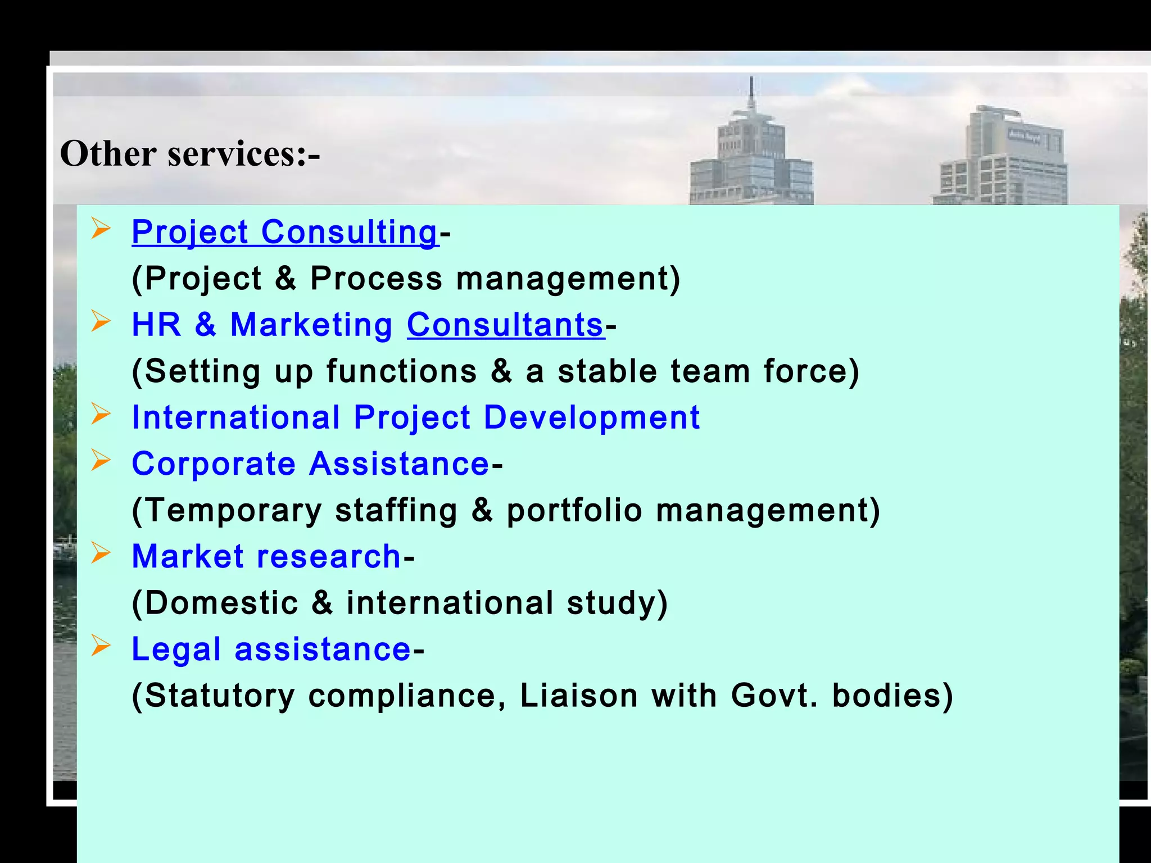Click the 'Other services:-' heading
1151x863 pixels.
[x=190, y=153]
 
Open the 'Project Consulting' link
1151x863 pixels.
[x=284, y=232]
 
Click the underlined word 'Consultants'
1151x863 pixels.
[x=505, y=325]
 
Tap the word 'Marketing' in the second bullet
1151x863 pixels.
[x=311, y=325]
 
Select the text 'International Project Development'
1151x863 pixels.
[x=416, y=417]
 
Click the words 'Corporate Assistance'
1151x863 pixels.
[x=310, y=464]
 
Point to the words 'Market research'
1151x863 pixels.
[x=266, y=556]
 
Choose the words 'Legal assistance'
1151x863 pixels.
[x=271, y=649]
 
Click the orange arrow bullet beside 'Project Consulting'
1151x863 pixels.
[x=101, y=229]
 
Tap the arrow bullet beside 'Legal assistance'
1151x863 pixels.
[x=101, y=646]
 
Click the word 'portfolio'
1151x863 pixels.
[x=574, y=510]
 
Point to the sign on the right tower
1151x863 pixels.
[x=1023, y=135]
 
